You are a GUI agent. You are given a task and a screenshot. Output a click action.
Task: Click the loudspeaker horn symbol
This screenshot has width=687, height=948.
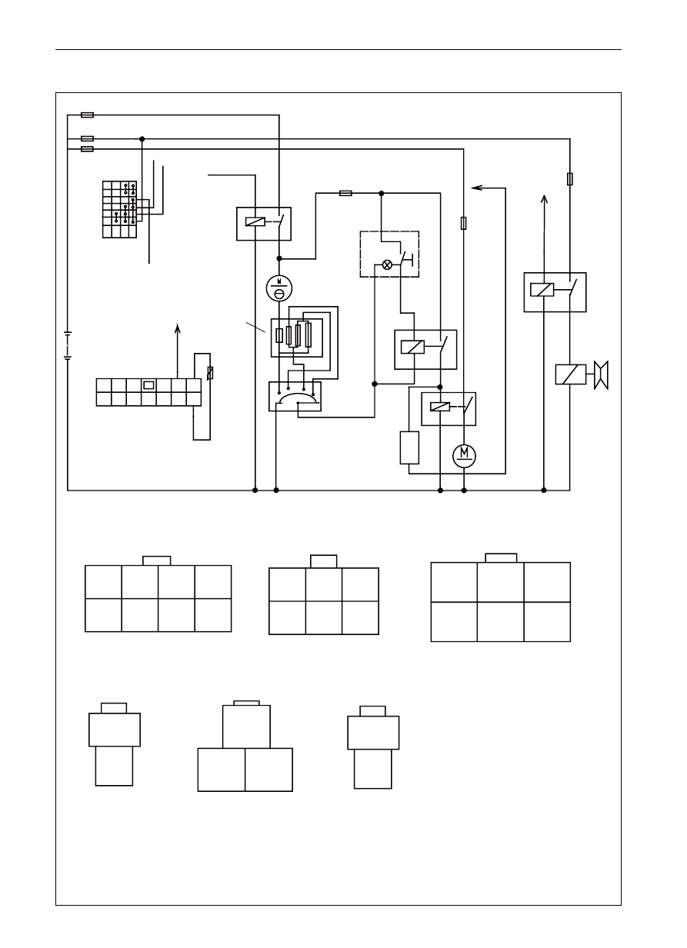pos(601,375)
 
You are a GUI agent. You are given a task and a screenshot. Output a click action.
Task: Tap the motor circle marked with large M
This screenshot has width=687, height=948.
pos(464,456)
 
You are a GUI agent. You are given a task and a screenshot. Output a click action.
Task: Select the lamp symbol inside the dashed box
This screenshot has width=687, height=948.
pos(387,265)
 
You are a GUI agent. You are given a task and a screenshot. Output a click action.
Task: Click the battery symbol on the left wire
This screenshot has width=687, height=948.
pos(68,345)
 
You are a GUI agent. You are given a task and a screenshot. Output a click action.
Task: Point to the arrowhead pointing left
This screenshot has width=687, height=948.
pos(476,188)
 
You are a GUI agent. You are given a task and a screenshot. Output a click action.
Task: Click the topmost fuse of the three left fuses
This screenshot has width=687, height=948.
pos(87,115)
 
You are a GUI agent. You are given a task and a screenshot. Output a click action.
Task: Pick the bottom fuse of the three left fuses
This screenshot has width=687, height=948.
pos(87,149)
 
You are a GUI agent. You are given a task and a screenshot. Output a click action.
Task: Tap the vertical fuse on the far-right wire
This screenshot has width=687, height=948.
pos(570,179)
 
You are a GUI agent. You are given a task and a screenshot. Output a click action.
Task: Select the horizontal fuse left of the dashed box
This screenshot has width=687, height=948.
pos(345,194)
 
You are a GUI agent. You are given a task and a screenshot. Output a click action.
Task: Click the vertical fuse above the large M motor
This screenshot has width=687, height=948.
pos(464,223)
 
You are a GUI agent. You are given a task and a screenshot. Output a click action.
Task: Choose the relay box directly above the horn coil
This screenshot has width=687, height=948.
pos(555,292)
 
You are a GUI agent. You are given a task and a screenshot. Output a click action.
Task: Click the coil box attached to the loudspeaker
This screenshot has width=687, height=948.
pos(571,374)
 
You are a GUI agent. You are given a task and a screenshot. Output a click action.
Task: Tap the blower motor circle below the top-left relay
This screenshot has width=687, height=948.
pos(279,288)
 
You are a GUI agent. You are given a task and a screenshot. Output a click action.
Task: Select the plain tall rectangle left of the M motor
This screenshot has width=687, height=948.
pos(409,447)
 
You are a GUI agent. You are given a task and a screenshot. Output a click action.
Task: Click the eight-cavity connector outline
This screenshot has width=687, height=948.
pos(158,594)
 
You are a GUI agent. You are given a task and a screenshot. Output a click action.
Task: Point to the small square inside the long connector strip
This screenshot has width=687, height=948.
pos(148,385)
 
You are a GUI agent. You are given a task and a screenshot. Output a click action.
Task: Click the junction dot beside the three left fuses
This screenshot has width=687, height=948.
pos(142,139)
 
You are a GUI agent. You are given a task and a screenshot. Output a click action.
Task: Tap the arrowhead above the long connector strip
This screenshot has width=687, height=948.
pos(178,328)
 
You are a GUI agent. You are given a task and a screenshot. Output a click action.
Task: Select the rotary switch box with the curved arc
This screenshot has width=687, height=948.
pos(295,397)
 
